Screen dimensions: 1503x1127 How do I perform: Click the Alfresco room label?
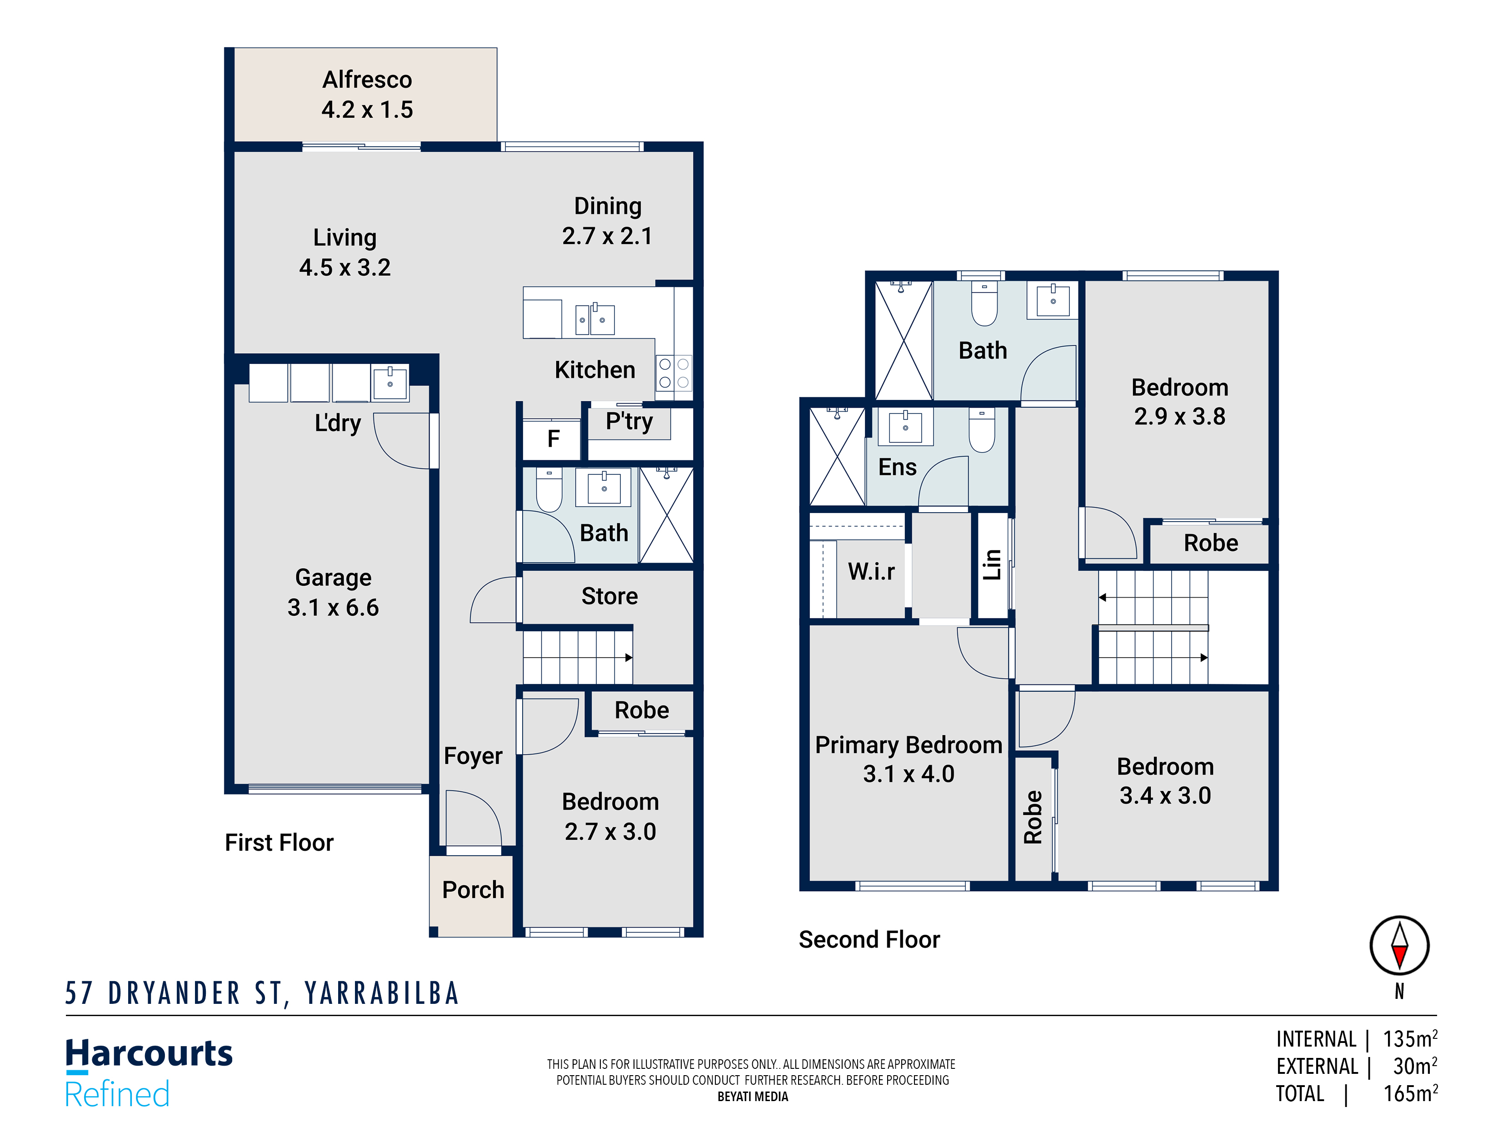367,80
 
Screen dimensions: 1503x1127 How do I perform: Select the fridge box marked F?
552,439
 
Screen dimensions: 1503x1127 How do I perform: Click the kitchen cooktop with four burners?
674,373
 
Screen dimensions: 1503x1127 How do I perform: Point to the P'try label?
629,421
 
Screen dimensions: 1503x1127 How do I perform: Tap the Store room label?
609,596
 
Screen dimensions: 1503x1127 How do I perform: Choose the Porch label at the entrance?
473,890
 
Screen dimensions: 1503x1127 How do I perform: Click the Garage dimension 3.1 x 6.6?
333,607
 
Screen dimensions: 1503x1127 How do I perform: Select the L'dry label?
338,423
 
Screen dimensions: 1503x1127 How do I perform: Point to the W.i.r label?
871,571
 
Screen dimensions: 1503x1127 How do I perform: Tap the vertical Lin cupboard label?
992,564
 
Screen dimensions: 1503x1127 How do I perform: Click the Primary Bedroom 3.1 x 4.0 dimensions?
909,774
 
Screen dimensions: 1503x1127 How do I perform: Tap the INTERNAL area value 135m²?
1411,1039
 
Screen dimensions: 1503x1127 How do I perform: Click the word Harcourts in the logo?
149,1054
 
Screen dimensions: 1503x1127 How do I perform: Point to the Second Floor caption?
869,939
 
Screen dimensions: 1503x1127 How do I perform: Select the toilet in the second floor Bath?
984,304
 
